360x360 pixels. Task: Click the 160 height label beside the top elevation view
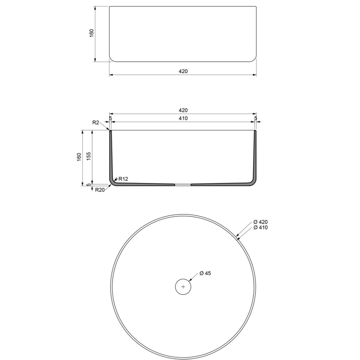(x=91, y=33)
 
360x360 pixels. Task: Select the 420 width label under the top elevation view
(x=183, y=71)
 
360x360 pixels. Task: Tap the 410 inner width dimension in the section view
(x=183, y=118)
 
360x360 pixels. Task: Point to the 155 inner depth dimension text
(x=89, y=156)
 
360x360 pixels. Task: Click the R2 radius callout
(x=95, y=122)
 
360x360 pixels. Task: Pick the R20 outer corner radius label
(x=100, y=190)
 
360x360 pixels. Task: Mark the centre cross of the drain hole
(x=183, y=287)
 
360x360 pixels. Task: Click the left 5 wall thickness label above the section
(x=110, y=118)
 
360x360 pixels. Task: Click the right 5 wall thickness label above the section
(x=255, y=118)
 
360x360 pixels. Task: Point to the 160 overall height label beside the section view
(x=79, y=157)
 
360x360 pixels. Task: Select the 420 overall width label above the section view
(x=183, y=110)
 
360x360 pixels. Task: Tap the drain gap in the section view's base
(x=183, y=184)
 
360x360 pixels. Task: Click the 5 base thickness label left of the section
(x=89, y=185)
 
